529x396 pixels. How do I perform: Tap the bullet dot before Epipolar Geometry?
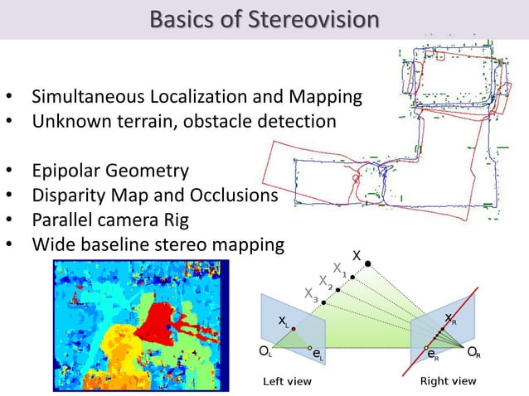pyautogui.click(x=9, y=172)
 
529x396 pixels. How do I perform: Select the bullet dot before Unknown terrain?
pyautogui.click(x=9, y=122)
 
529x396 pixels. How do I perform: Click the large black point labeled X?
pyautogui.click(x=367, y=265)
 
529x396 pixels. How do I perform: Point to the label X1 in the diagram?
pyautogui.click(x=340, y=268)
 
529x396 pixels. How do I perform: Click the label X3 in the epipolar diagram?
pyautogui.click(x=311, y=293)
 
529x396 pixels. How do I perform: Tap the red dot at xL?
pyautogui.click(x=293, y=329)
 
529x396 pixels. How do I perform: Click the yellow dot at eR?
pyautogui.click(x=426, y=348)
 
